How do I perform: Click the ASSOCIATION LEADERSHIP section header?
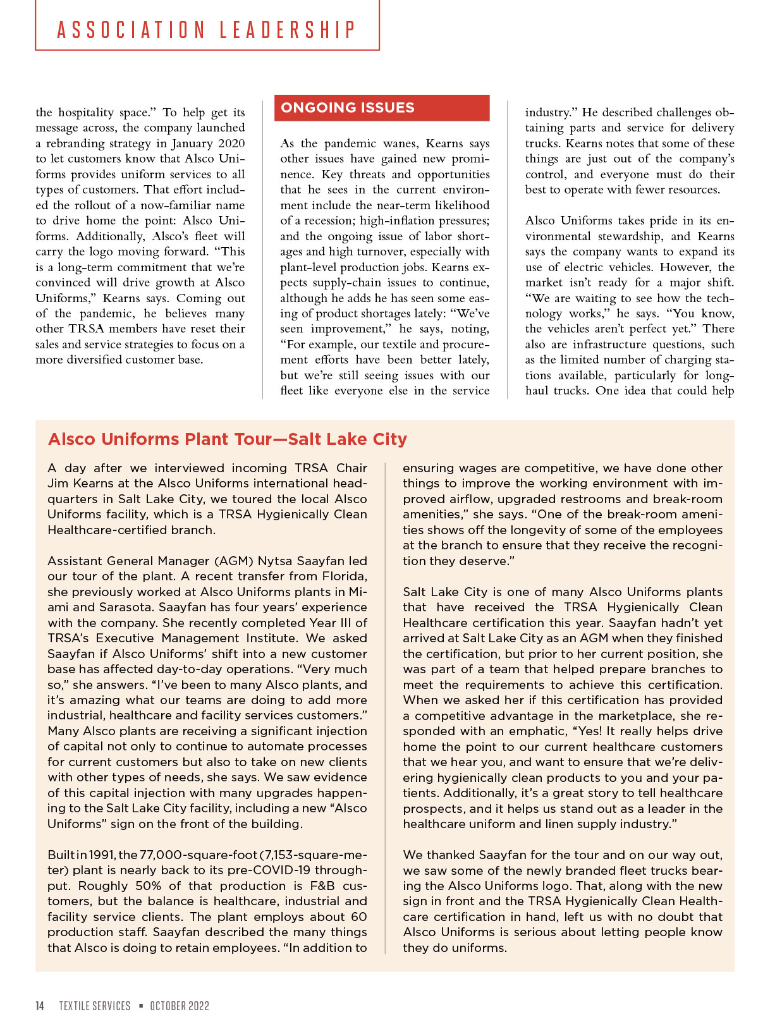point(207,30)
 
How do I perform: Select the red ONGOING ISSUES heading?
point(348,108)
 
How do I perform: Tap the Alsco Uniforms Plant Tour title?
point(228,439)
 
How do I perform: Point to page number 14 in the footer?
point(40,1006)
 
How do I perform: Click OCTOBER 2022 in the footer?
point(180,1006)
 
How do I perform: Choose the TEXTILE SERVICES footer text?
point(95,1006)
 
